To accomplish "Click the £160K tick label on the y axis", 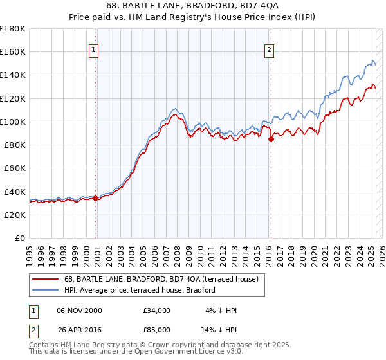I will click(x=14, y=52).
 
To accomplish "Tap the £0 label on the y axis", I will click(x=21, y=238).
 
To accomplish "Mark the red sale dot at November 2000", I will click(x=96, y=198).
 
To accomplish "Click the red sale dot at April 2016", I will click(x=271, y=138).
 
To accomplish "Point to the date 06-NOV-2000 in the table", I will click(x=79, y=310).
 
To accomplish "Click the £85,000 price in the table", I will click(x=157, y=331).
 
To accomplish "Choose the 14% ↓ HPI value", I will click(x=219, y=331).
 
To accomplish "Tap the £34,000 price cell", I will click(x=157, y=310).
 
